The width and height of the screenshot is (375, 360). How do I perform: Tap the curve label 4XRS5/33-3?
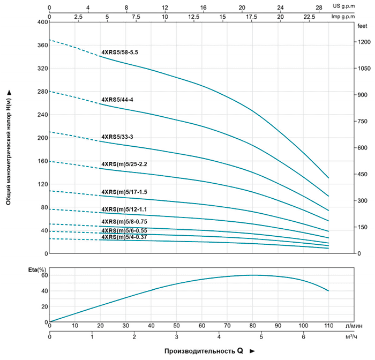(117, 137)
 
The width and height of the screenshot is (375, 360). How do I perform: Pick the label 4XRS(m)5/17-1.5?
(124, 191)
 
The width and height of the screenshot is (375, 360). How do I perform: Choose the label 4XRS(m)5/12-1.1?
(124, 209)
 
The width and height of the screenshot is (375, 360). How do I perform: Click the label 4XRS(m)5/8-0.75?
(124, 221)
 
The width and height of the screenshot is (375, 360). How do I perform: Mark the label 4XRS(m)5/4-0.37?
(124, 237)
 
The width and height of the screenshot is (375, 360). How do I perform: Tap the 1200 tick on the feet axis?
(363, 42)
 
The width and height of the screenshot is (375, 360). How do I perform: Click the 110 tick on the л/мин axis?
(328, 325)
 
